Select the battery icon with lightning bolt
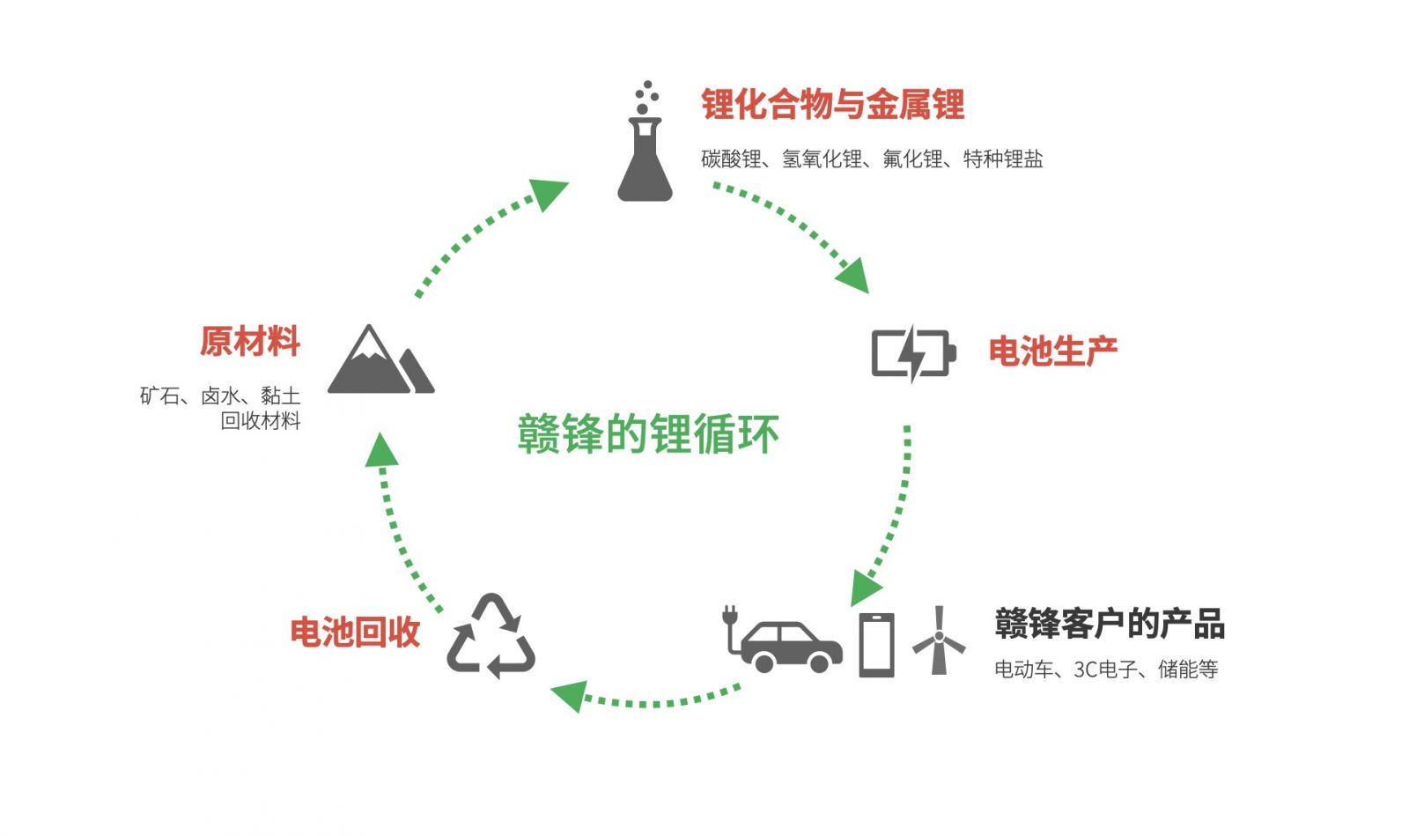click(x=913, y=353)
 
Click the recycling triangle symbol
click(x=491, y=637)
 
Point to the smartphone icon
click(x=876, y=645)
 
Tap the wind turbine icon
click(x=939, y=640)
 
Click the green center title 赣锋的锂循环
click(x=648, y=434)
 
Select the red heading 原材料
click(x=250, y=341)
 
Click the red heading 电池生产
click(x=1052, y=351)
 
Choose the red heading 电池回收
click(x=355, y=632)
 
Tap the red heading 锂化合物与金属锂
click(x=832, y=105)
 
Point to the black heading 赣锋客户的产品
click(x=1109, y=624)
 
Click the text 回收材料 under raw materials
click(x=261, y=421)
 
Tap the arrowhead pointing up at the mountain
click(x=381, y=448)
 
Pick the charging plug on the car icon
click(x=729, y=615)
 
